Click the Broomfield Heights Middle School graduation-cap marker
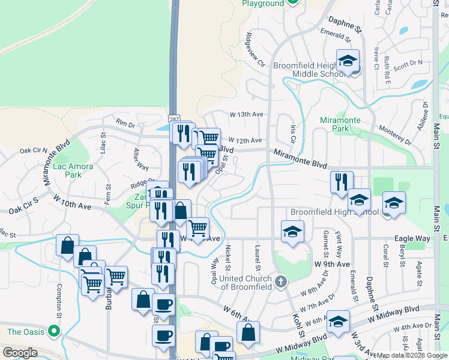[348, 62]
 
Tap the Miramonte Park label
[340, 124]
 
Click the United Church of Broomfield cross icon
[280, 281]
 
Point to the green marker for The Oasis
[54, 331]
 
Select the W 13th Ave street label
[246, 114]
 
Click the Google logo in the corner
[20, 353]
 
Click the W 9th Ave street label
[331, 264]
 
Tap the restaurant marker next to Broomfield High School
[342, 182]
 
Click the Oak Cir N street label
[33, 150]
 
